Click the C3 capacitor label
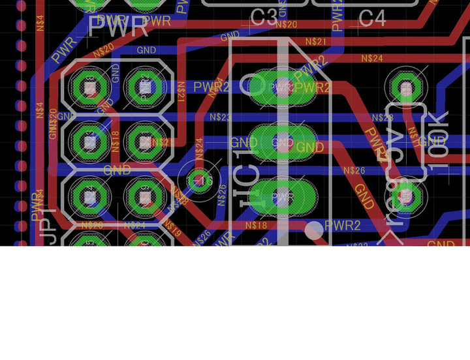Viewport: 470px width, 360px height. click(x=264, y=18)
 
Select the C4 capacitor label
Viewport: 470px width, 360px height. click(x=372, y=19)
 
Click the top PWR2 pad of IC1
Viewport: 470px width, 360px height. click(x=283, y=87)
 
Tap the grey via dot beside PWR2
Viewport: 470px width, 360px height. click(x=314, y=229)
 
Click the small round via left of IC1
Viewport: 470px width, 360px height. click(x=199, y=178)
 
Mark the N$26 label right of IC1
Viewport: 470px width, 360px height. click(x=354, y=171)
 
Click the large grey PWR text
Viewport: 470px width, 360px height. click(x=118, y=27)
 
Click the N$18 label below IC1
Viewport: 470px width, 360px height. click(x=257, y=226)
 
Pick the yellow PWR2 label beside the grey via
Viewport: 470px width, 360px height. click(x=343, y=226)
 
